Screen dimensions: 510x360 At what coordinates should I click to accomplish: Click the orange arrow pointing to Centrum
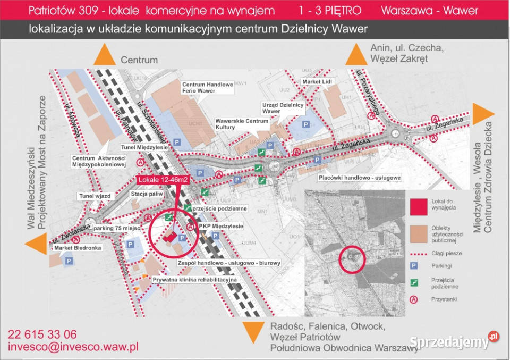click(105, 55)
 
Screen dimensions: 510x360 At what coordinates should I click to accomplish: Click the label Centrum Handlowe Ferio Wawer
click(207, 88)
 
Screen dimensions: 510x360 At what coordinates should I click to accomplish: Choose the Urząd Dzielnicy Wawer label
click(283, 108)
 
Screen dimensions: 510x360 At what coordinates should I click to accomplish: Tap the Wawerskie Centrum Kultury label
click(242, 124)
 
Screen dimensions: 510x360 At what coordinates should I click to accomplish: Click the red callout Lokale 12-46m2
click(165, 180)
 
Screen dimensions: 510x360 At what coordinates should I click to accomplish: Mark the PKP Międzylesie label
click(220, 227)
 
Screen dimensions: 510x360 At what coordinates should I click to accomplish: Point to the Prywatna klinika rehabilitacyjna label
click(194, 279)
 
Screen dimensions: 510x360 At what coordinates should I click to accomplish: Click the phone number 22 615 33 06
click(42, 334)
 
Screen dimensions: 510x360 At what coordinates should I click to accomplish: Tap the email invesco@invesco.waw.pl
click(73, 347)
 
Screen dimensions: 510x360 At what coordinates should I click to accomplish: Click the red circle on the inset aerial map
click(352, 259)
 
